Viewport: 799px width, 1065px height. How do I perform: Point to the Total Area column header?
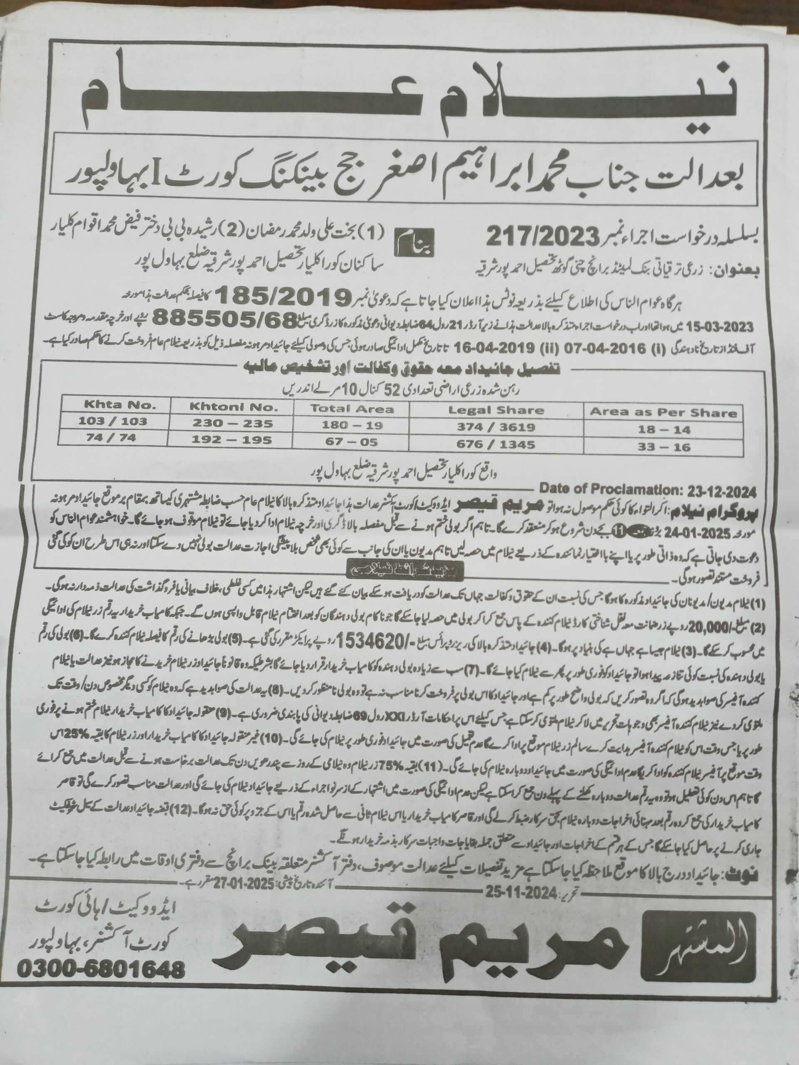click(x=352, y=409)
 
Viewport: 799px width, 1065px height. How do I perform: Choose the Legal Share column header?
click(x=496, y=411)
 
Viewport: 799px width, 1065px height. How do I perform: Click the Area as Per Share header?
click(x=663, y=413)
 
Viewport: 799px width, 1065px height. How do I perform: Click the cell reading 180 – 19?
click(x=352, y=425)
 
